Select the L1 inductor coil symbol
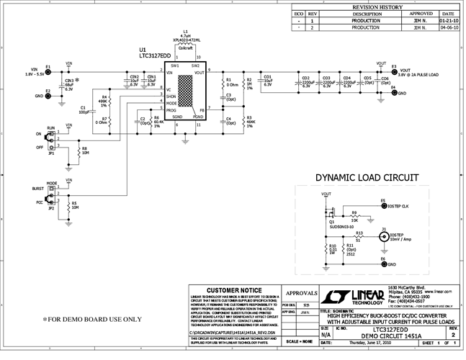[186, 54]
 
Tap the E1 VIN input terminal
[48, 71]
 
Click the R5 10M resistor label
[75, 205]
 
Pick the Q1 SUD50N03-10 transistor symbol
[333, 214]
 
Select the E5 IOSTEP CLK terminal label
[398, 205]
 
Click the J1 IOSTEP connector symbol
[383, 235]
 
